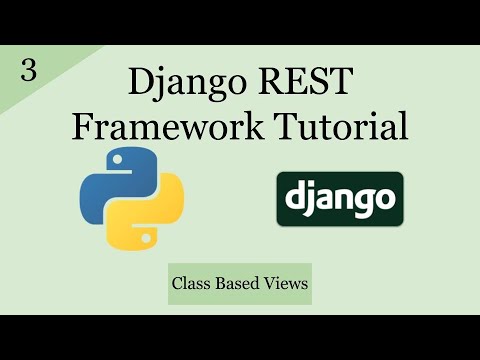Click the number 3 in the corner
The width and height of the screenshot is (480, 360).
point(28,73)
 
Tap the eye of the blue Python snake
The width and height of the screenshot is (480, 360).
point(110,161)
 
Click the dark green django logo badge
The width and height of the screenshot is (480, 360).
point(340,198)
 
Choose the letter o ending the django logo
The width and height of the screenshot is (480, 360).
point(385,199)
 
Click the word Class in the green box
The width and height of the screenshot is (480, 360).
point(192,284)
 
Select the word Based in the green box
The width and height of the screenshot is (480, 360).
point(239,284)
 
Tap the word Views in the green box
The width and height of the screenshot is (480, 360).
point(286,284)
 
